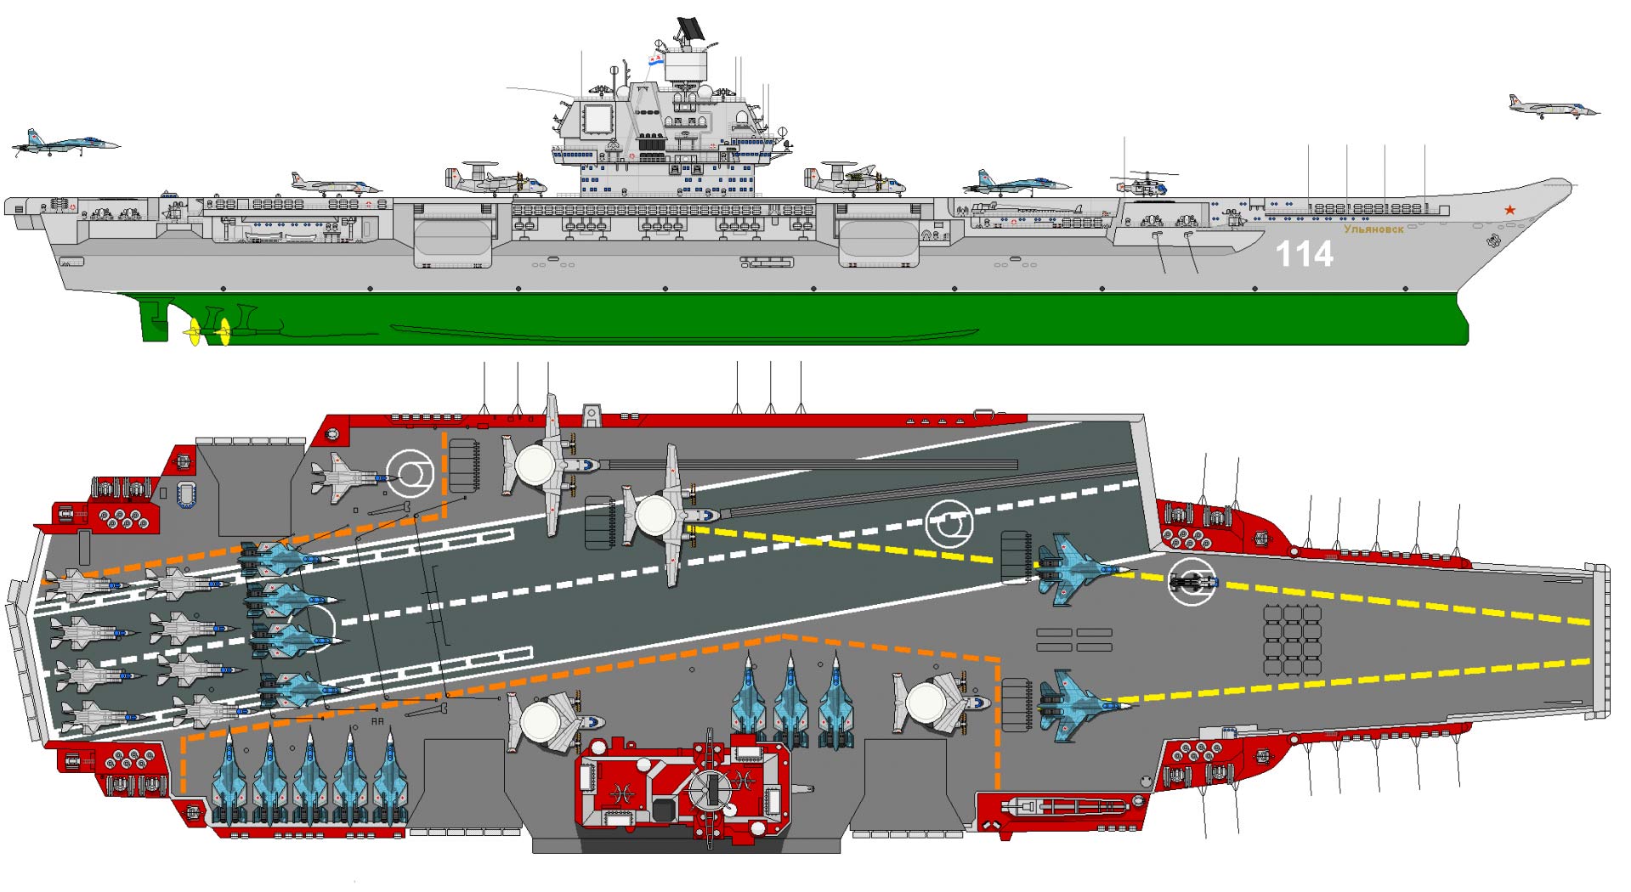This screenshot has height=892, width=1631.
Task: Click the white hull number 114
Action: pyautogui.click(x=1304, y=254)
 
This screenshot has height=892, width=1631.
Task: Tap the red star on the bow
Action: pyautogui.click(x=1509, y=210)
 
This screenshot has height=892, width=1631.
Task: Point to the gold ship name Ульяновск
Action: pyautogui.click(x=1373, y=229)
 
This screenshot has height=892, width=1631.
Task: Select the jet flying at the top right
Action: pyautogui.click(x=1554, y=107)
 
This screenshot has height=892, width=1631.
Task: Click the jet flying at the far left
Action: pyautogui.click(x=65, y=144)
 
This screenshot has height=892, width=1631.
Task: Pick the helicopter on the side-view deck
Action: pyautogui.click(x=1144, y=183)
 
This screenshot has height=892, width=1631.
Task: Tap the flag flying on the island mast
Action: pyautogui.click(x=655, y=60)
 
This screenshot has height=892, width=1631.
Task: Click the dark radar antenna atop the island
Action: pyautogui.click(x=689, y=29)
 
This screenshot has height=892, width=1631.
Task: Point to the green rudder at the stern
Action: pyautogui.click(x=156, y=319)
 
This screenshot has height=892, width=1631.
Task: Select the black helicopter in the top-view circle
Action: pyautogui.click(x=1192, y=582)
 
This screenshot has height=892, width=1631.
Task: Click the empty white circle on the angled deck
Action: pyautogui.click(x=949, y=523)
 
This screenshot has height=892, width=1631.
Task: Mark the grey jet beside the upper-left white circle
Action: pyautogui.click(x=349, y=477)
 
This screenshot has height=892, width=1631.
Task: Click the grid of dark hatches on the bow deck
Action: pyautogui.click(x=1292, y=641)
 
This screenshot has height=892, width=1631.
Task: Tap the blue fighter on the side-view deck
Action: pyautogui.click(x=1015, y=183)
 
